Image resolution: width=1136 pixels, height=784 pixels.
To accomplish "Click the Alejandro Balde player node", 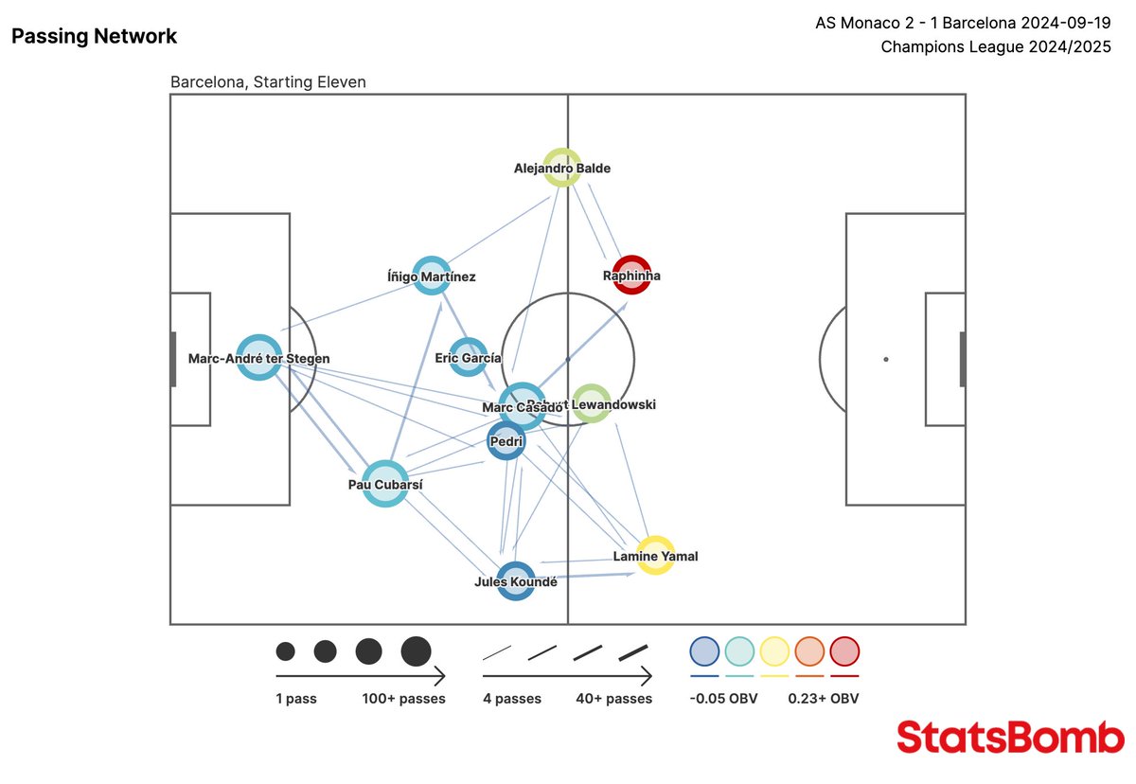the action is click(562, 168).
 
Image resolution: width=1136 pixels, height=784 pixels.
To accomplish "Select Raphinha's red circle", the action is click(631, 275).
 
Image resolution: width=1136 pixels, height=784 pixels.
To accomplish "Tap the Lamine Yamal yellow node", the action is click(655, 556).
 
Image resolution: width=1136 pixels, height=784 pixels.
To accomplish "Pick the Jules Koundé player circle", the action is click(515, 580).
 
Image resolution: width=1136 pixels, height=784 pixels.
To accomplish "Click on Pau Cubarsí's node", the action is click(385, 484).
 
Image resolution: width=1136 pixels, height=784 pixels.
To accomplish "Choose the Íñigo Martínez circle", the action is click(431, 276).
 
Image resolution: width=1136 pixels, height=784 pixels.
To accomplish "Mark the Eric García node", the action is click(468, 357).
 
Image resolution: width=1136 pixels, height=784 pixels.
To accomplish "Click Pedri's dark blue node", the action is click(506, 440).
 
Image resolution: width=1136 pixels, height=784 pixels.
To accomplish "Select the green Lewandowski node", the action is click(591, 403).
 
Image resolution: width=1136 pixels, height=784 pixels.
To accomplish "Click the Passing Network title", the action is click(94, 37).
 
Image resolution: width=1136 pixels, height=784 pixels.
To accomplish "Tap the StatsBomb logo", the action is click(1010, 737).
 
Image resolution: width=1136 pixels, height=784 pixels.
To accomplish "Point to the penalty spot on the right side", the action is click(886, 359).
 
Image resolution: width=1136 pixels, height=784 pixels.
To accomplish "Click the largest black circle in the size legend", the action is click(416, 651).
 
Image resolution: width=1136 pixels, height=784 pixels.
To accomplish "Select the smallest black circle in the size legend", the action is click(285, 651).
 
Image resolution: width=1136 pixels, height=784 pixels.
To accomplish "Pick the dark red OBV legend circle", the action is click(843, 651).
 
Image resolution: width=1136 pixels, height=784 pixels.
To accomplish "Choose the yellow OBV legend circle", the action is click(774, 651).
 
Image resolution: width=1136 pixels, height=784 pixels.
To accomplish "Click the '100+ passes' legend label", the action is click(403, 699).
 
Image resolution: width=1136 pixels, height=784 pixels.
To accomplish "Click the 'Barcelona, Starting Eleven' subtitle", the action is click(268, 82).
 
